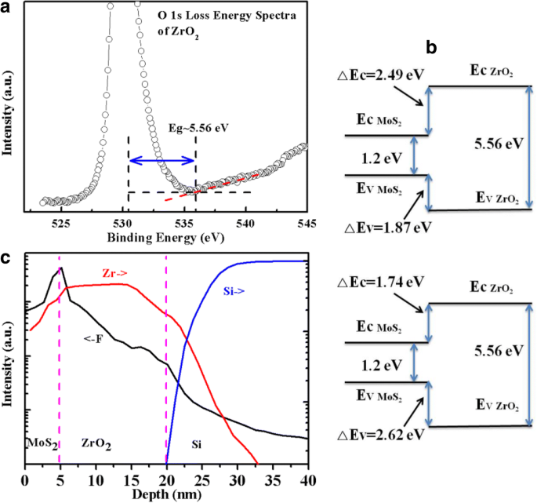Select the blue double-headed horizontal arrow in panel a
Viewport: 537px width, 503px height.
(x=162, y=160)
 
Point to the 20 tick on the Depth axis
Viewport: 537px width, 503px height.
(x=166, y=478)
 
